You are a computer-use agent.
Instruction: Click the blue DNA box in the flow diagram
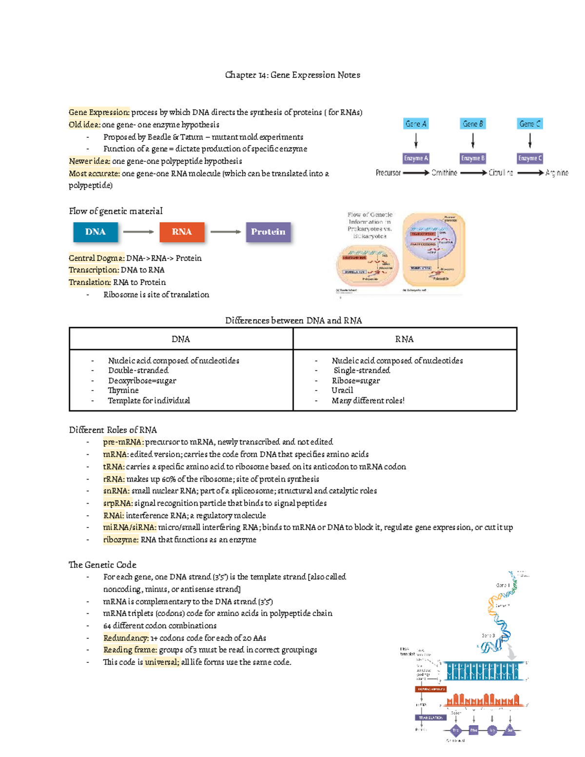96,232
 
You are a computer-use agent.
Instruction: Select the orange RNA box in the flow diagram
182,232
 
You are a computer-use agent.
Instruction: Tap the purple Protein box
268,232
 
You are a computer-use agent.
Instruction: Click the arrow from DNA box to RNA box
138,232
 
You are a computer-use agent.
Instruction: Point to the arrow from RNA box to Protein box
225,232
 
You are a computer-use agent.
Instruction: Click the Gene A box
416,124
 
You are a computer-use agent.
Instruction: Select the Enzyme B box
473,158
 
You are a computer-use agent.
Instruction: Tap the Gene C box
530,124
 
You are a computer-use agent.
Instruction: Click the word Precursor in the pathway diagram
388,173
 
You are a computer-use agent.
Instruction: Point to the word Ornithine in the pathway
444,173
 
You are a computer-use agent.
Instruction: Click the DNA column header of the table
181,339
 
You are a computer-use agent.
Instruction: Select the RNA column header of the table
404,339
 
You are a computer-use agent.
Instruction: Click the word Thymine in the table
123,390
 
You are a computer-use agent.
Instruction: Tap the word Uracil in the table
342,390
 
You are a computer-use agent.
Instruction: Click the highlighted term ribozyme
120,540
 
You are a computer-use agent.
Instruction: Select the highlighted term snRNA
116,491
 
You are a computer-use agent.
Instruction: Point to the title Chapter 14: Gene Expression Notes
292,75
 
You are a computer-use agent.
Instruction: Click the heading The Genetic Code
102,565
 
